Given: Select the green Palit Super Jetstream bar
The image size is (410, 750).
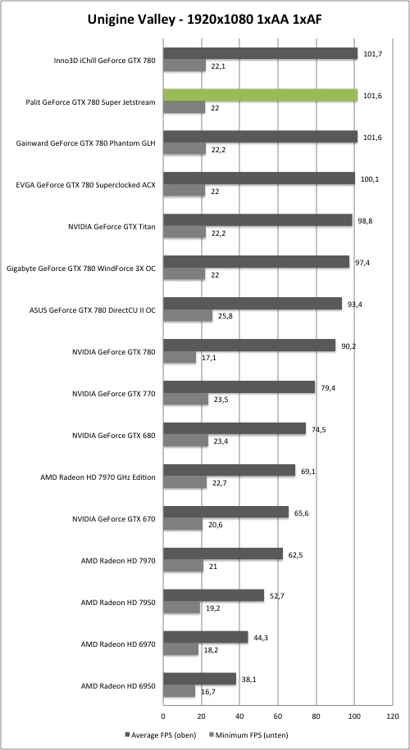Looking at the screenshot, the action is click(x=261, y=95).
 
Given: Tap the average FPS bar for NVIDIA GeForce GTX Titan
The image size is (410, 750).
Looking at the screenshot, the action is click(x=257, y=220).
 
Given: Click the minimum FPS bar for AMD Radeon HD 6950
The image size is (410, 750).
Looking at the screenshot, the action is click(x=179, y=691).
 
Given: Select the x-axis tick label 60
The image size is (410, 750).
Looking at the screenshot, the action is click(x=278, y=716).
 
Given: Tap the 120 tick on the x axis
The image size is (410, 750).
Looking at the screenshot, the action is click(x=392, y=716).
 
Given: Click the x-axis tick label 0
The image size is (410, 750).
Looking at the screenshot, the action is click(x=163, y=716).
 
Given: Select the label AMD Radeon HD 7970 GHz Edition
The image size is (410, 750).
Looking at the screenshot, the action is click(x=99, y=477).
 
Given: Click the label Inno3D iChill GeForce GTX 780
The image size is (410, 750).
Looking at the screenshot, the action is click(x=105, y=61).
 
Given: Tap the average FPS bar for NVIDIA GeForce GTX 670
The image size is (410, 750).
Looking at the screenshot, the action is click(x=226, y=513).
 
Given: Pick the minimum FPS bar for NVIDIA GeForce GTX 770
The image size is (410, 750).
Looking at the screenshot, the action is click(x=186, y=400).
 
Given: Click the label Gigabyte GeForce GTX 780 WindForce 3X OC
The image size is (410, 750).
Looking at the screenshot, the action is click(x=81, y=269).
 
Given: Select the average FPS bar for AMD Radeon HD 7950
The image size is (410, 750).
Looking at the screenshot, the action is click(x=214, y=595).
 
